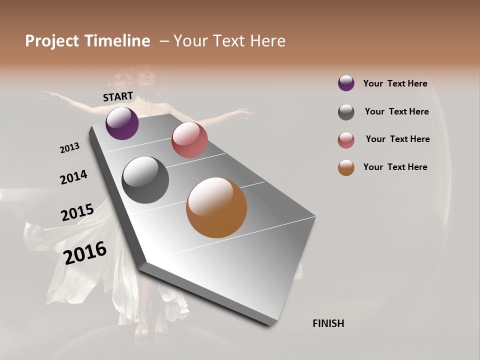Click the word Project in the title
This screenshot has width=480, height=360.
pos(52,41)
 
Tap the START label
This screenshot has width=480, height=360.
pos(118,96)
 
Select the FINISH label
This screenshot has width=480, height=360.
pos(328,323)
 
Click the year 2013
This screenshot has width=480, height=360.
pos(69,148)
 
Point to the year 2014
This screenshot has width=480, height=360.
pos(73,177)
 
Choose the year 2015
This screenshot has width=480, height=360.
pos(77,212)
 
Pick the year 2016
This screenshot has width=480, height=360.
pos(85,253)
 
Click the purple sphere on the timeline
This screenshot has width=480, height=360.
pos(122,123)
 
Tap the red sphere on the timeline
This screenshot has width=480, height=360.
pos(189,140)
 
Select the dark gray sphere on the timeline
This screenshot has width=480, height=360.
pos(145,180)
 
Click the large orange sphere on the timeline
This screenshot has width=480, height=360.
pos(216,207)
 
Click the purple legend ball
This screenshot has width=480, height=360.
pos(346,83)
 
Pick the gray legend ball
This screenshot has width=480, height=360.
pos(346,112)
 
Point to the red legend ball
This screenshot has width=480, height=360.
pos(346,140)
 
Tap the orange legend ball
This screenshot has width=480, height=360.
pos(346,167)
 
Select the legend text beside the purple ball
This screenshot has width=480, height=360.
pos(395,83)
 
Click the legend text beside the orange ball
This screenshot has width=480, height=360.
pos(395,167)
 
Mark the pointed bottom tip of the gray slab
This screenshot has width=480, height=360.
pos(270,325)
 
